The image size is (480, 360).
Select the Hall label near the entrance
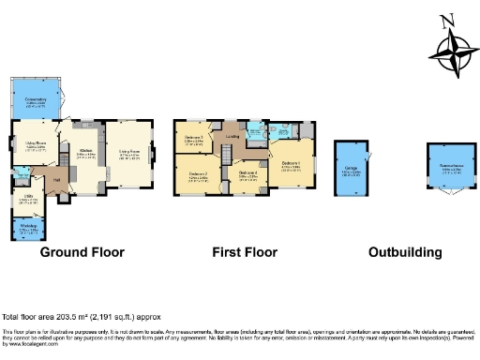(56, 179)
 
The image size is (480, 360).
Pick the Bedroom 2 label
(198, 174)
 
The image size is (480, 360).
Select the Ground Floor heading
(83, 252)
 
